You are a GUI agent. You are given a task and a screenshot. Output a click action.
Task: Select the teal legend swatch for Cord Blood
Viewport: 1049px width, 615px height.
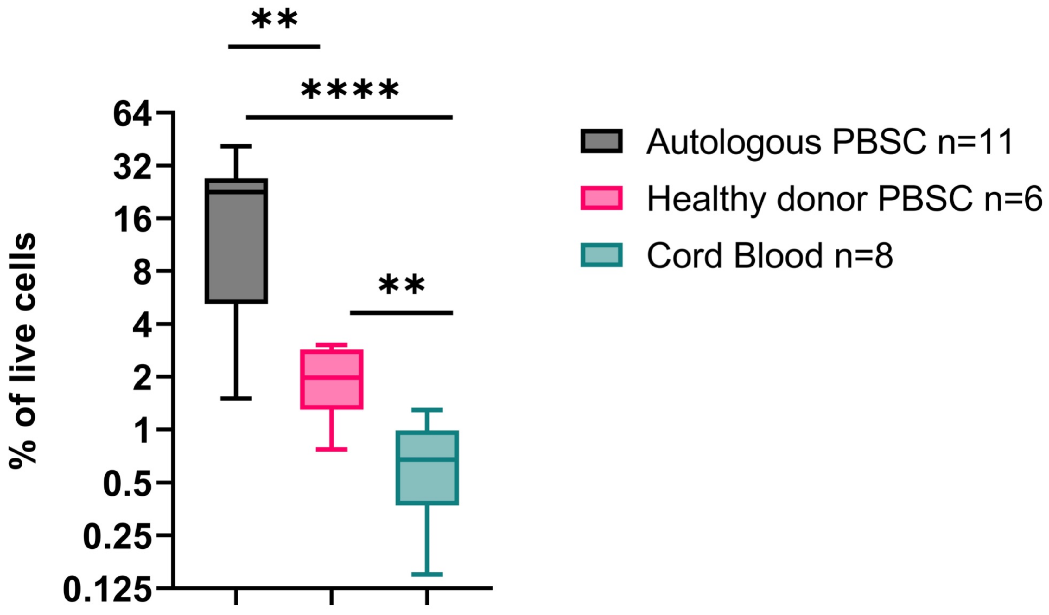coord(601,255)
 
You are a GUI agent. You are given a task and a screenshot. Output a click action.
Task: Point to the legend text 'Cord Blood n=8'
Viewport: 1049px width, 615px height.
coord(770,255)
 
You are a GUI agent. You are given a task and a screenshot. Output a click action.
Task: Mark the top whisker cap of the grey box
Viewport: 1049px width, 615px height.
coord(236,146)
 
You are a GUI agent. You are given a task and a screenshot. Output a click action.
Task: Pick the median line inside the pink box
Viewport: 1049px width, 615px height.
coord(332,377)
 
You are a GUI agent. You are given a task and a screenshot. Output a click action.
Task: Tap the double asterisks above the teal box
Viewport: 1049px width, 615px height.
coord(402,285)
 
